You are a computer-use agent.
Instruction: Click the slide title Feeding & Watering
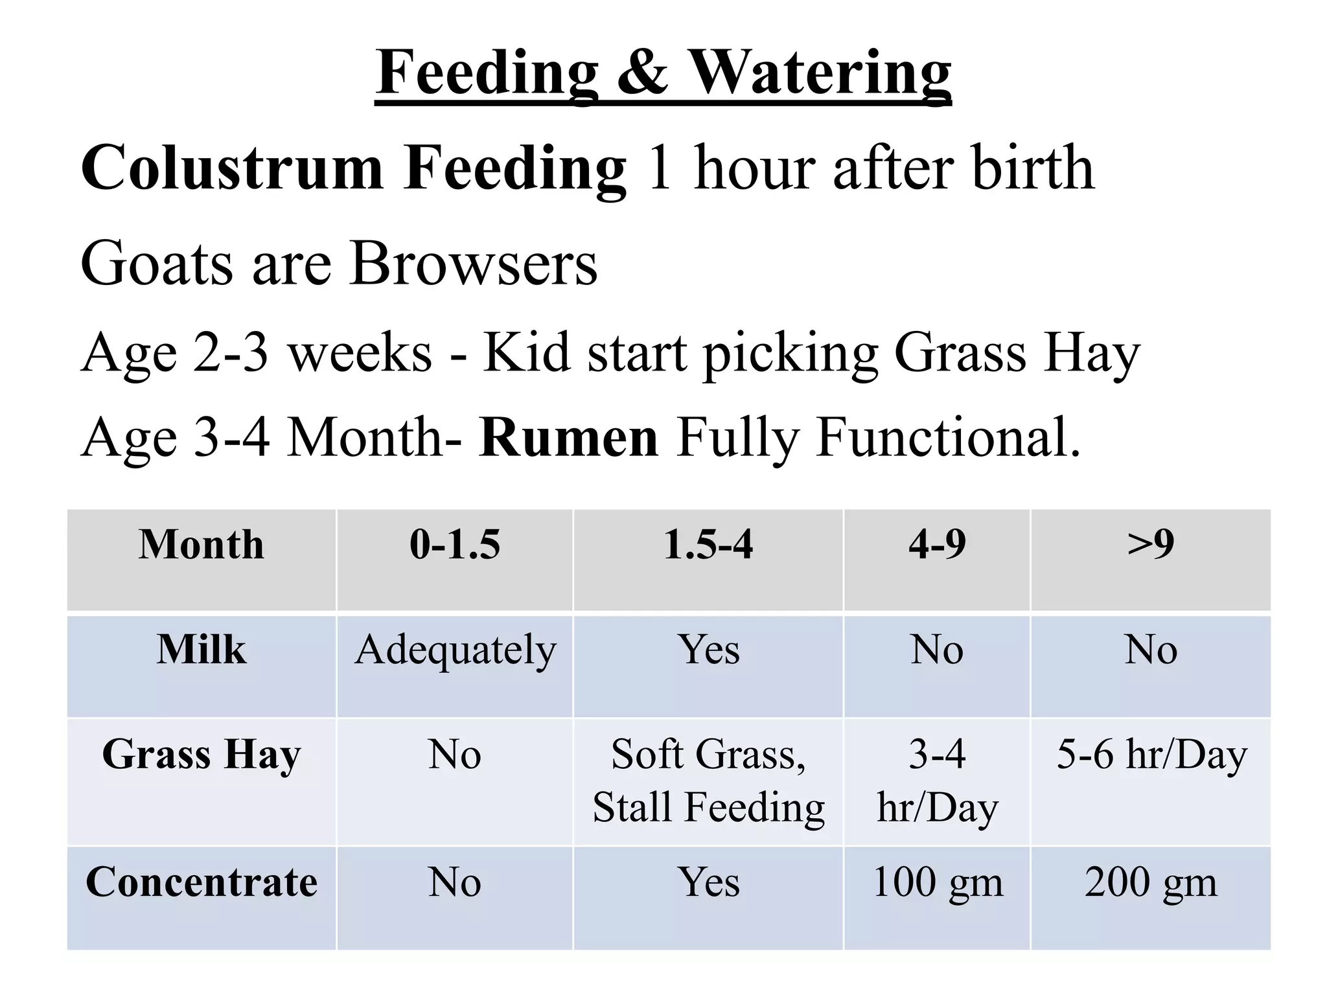pyautogui.click(x=663, y=73)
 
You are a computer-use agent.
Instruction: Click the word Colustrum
pyautogui.click(x=231, y=168)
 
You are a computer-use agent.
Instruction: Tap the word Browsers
pyautogui.click(x=474, y=264)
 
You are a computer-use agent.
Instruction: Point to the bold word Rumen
pyautogui.click(x=568, y=438)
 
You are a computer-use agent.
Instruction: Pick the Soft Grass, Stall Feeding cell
pyautogui.click(x=708, y=781)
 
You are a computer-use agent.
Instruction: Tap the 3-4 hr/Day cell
pyautogui.click(x=937, y=781)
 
